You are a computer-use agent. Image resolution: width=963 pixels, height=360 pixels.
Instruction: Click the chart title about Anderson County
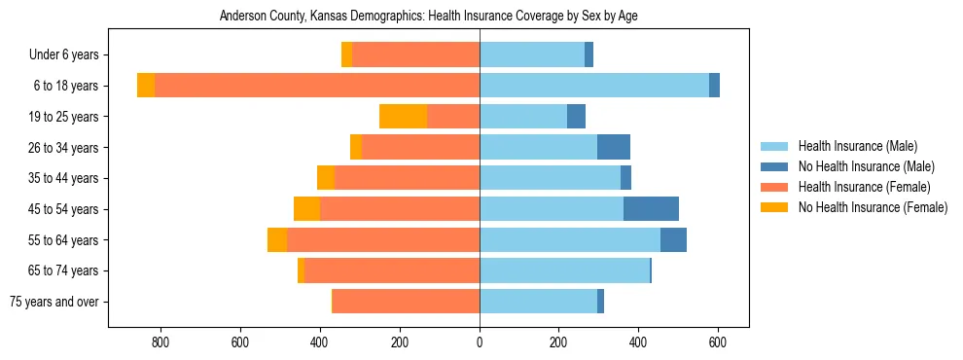(x=429, y=17)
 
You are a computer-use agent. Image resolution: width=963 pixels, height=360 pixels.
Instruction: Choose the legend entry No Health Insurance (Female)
(x=872, y=207)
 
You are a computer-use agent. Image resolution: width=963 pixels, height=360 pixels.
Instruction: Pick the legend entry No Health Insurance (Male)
(x=865, y=166)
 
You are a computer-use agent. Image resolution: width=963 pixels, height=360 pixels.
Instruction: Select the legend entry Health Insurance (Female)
(x=864, y=187)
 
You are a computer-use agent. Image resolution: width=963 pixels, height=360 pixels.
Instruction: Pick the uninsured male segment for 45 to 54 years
(x=651, y=209)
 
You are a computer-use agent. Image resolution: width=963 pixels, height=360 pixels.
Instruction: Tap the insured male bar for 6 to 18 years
(x=594, y=86)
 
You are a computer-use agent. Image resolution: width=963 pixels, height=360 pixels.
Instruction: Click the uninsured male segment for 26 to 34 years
(x=614, y=148)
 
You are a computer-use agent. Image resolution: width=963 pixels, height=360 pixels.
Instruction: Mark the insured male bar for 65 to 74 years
(x=564, y=270)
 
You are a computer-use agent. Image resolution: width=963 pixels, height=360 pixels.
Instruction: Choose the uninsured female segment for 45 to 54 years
(x=307, y=209)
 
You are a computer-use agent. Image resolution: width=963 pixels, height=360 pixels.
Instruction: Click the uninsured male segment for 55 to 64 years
(x=673, y=240)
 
